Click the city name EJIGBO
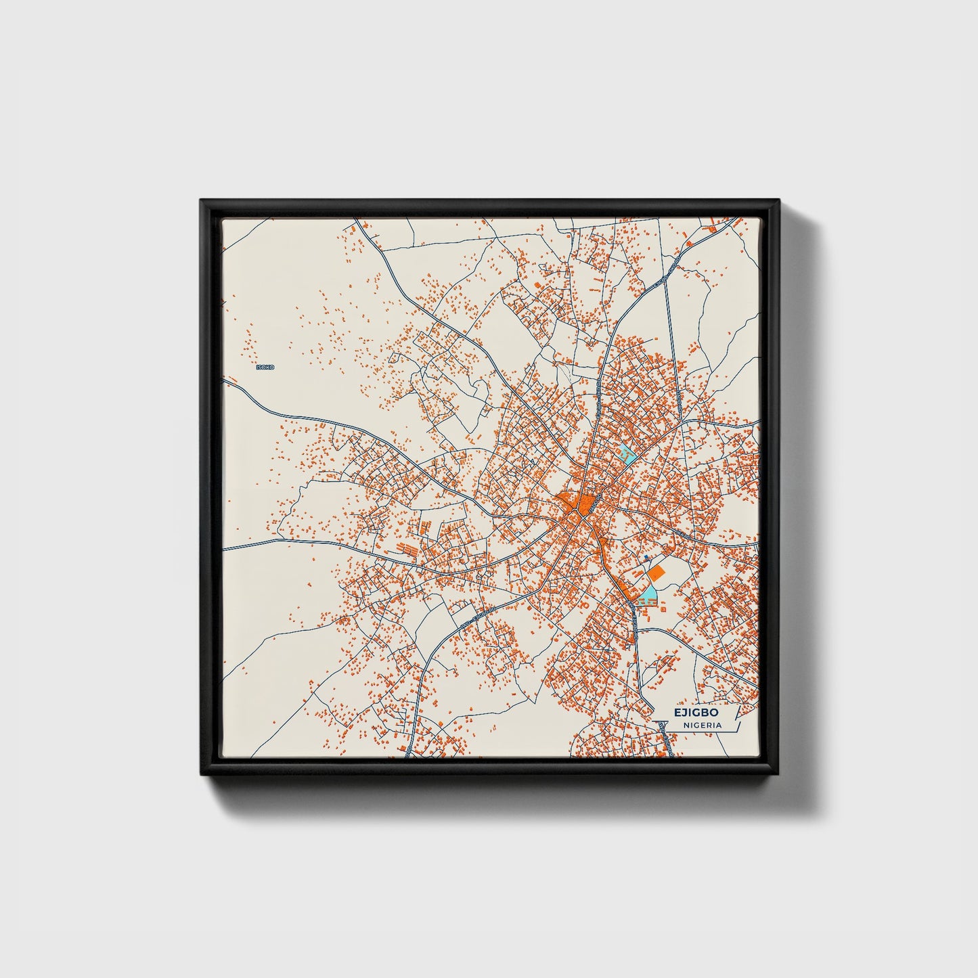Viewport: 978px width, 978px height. [x=695, y=713]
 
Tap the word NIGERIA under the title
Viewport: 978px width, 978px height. [x=702, y=725]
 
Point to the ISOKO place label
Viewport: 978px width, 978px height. [x=265, y=367]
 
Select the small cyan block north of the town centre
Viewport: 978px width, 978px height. [x=627, y=454]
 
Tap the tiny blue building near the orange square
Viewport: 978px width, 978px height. [x=646, y=558]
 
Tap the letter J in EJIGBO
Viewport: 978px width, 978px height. [x=683, y=713]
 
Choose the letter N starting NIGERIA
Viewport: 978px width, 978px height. [x=686, y=725]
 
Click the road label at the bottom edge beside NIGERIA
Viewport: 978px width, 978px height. [x=667, y=738]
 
